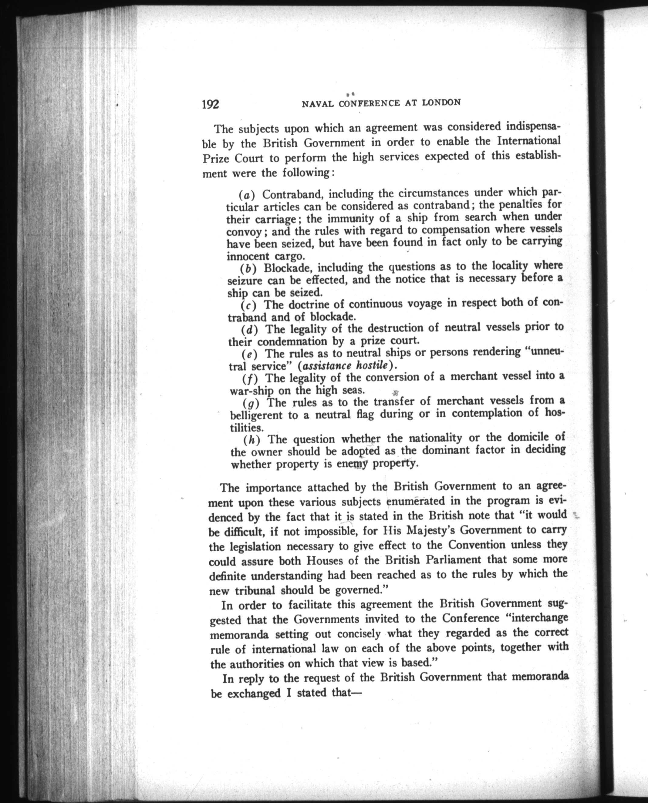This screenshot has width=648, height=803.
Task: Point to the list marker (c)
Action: tap(248, 306)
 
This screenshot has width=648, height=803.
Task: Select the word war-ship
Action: tap(248, 391)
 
